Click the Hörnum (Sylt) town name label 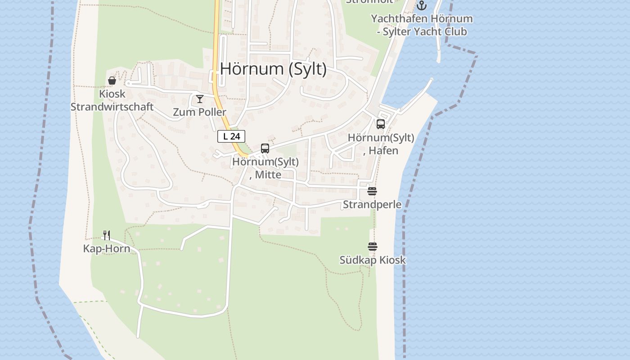tap(273, 69)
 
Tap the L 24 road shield tap(231, 136)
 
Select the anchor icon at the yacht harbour tap(421, 5)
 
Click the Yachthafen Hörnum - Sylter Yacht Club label tap(422, 25)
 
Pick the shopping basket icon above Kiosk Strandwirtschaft tap(112, 81)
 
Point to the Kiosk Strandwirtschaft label tap(112, 100)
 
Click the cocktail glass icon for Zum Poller tap(200, 99)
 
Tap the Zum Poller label tap(200, 112)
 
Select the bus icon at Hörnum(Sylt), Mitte tap(265, 148)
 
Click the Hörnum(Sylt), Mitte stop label tap(265, 168)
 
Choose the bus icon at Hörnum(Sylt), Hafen tap(381, 124)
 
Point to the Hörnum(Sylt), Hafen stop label tap(381, 144)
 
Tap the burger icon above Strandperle tap(372, 191)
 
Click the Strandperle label tap(372, 204)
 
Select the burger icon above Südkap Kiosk tap(373, 247)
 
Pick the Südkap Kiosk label tap(373, 260)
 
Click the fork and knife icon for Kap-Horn tap(107, 235)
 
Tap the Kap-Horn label tap(107, 249)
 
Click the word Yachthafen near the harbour tap(399, 19)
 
